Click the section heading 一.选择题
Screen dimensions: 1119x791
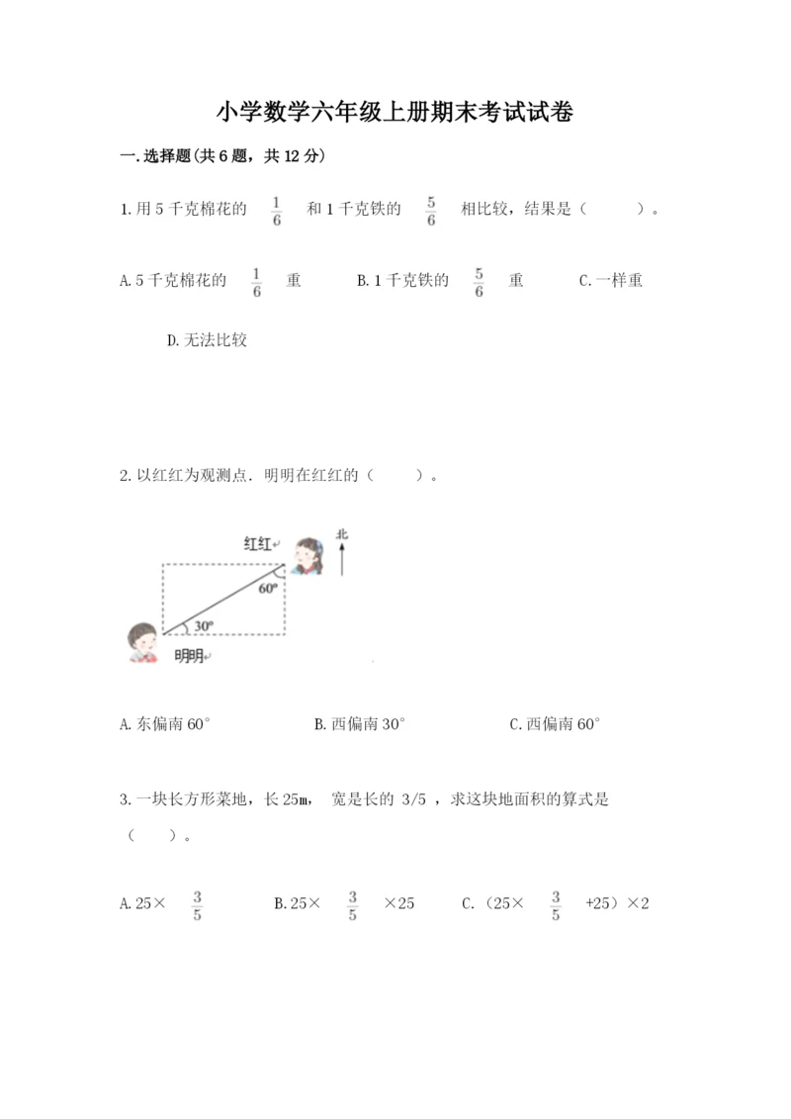tap(221, 156)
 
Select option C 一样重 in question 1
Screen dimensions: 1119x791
tap(610, 281)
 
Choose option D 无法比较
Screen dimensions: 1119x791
tap(208, 340)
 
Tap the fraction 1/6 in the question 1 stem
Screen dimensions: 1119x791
tap(276, 210)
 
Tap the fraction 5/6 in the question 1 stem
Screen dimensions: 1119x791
tap(431, 210)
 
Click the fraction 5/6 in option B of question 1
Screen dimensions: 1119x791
tap(479, 281)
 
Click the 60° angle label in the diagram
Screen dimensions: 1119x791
tap(268, 588)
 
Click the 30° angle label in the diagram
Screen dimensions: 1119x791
tap(203, 625)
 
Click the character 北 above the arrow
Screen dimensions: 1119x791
tap(342, 535)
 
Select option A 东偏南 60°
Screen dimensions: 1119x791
tap(165, 724)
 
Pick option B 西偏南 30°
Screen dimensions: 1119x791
tap(360, 724)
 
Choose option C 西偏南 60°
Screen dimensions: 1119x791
tap(555, 724)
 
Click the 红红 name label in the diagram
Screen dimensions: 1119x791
tap(259, 543)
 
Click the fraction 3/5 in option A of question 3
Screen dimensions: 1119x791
tap(198, 904)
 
